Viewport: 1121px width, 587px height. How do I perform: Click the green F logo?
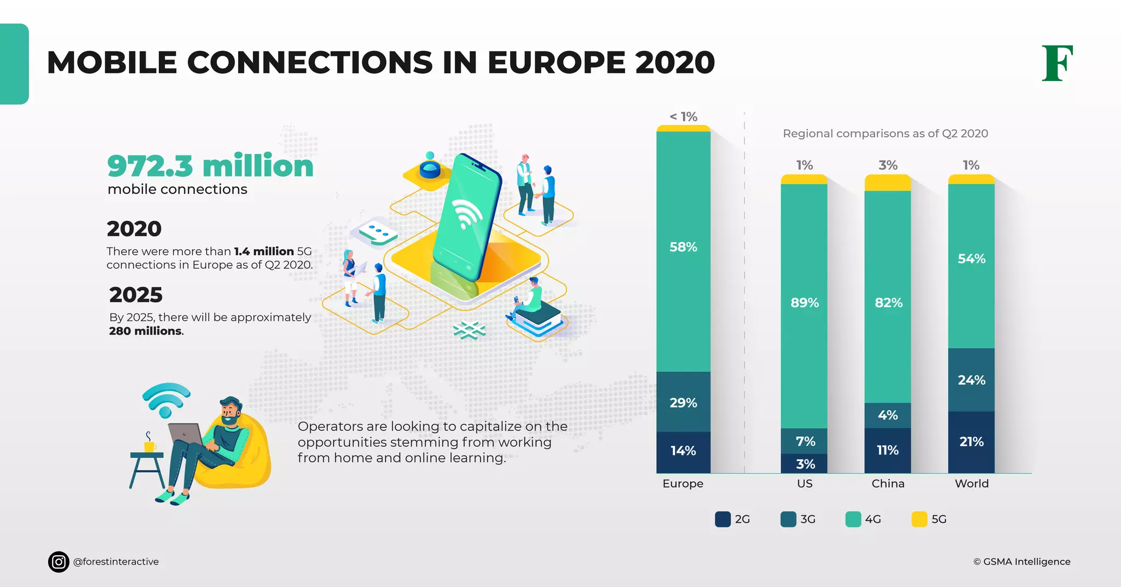pyautogui.click(x=1057, y=63)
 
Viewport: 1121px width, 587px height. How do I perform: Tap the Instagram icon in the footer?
pyautogui.click(x=59, y=562)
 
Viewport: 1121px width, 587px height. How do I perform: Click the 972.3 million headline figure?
pyautogui.click(x=210, y=166)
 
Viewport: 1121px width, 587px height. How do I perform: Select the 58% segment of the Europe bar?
pyautogui.click(x=683, y=248)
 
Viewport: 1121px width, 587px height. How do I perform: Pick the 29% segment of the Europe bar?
pyautogui.click(x=683, y=402)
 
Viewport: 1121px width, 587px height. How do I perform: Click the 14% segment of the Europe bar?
pyautogui.click(x=683, y=451)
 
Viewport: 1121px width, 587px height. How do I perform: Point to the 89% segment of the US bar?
pyautogui.click(x=804, y=303)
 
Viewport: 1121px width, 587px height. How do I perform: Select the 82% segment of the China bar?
pyautogui.click(x=888, y=303)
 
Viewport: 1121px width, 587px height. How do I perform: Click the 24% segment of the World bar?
pyautogui.click(x=971, y=380)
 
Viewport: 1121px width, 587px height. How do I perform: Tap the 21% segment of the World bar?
pyautogui.click(x=971, y=442)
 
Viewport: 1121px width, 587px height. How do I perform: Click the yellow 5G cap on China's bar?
pyautogui.click(x=888, y=183)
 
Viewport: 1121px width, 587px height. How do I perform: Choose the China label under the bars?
pyautogui.click(x=888, y=484)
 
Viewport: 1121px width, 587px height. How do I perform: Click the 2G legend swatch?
pyautogui.click(x=723, y=519)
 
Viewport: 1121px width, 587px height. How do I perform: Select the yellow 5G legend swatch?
pyautogui.click(x=919, y=519)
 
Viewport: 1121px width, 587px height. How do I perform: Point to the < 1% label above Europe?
pyautogui.click(x=683, y=117)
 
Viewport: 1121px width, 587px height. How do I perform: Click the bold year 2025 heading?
pyautogui.click(x=136, y=295)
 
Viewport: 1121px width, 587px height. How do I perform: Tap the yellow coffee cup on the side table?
pyautogui.click(x=149, y=446)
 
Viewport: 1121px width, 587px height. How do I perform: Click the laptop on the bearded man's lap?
pyautogui.click(x=185, y=433)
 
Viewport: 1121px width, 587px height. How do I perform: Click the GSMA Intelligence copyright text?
pyautogui.click(x=1021, y=562)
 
